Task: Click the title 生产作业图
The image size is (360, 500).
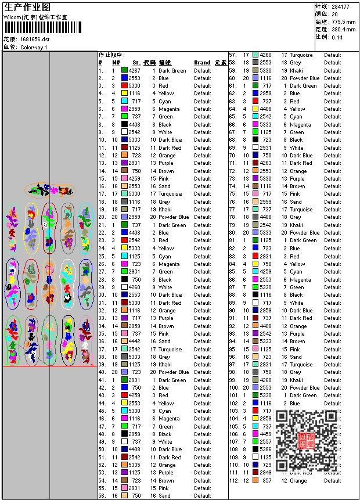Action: click(27, 6)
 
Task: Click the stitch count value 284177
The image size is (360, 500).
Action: click(340, 6)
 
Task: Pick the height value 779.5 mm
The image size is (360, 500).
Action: click(343, 21)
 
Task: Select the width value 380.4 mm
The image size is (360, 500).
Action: click(343, 29)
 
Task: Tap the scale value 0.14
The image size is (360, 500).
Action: click(337, 37)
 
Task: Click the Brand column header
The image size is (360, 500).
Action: click(202, 63)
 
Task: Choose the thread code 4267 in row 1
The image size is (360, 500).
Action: click(135, 70)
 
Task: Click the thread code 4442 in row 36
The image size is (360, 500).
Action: click(135, 341)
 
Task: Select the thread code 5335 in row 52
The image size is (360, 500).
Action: click(135, 465)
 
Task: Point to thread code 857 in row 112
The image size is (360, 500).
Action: click(267, 481)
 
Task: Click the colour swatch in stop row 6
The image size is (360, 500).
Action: click(124, 109)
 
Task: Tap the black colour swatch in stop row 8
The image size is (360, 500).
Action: click(124, 124)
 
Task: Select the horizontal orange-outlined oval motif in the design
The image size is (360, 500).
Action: click(50, 190)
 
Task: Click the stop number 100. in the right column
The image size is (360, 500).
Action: click(234, 388)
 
